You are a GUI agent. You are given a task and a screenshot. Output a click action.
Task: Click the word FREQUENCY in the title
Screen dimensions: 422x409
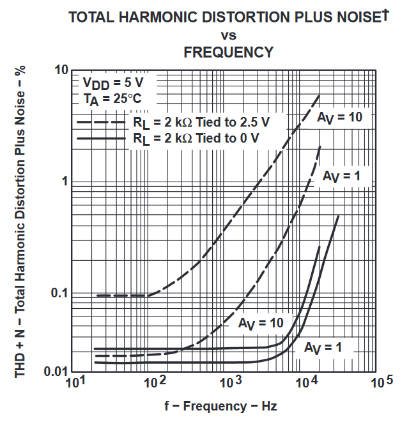228,52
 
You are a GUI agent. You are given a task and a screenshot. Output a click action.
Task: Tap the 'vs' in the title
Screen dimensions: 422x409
228,35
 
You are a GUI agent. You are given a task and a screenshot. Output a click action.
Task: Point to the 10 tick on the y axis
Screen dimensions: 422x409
60,69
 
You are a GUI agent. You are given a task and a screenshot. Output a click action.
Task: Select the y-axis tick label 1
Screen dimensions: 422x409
65,181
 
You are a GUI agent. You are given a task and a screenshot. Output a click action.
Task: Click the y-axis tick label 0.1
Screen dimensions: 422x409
58,293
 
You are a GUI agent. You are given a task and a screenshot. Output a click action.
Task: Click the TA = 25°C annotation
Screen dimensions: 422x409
110,99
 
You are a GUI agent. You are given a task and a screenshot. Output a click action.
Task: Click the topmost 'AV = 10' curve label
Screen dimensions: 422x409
339,116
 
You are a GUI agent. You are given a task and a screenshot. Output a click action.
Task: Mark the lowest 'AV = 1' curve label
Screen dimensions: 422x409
323,348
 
